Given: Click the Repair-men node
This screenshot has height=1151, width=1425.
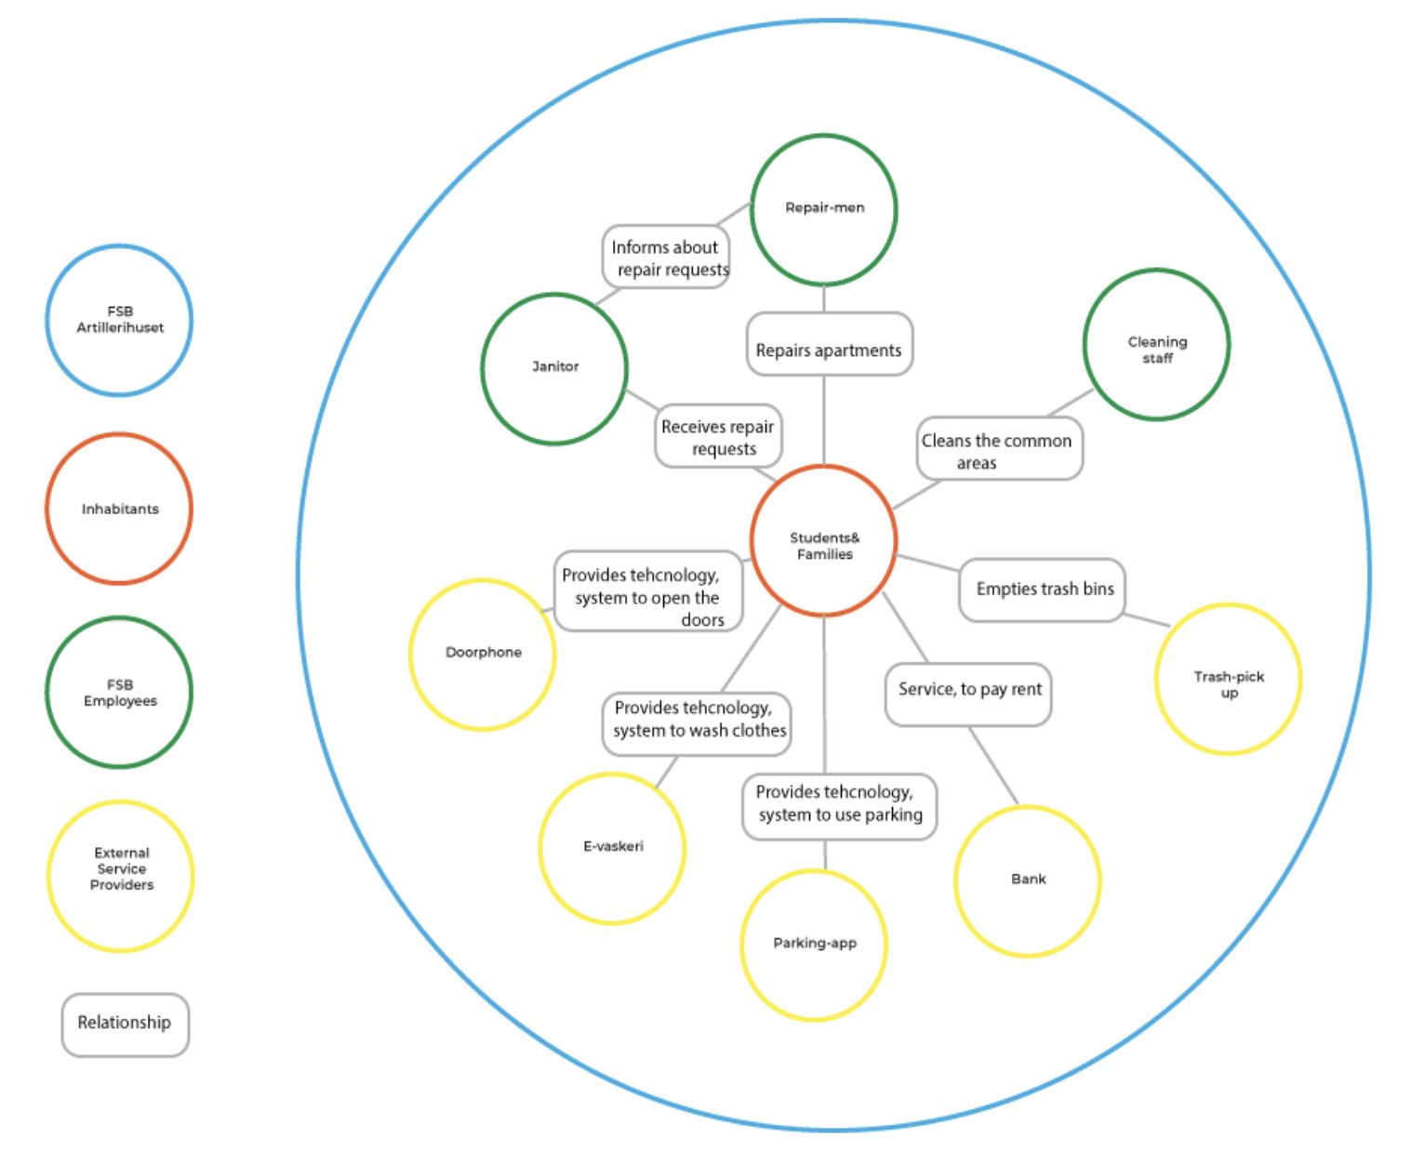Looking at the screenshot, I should coord(824,209).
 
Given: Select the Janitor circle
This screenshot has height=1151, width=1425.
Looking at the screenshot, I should coord(554,368).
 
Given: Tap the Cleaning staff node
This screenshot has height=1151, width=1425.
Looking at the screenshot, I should coord(1156,345).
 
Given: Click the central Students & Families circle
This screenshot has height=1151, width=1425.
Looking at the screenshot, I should coord(824,541).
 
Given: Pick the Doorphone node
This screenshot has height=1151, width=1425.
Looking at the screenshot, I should coord(483,654).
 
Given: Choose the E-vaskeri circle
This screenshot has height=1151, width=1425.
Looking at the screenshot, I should coord(612,847).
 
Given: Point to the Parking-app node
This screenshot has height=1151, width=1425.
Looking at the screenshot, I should coord(814,945).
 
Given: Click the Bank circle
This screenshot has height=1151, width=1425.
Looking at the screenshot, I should coord(1028,880).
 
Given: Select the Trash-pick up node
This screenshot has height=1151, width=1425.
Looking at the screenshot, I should coord(1228,679).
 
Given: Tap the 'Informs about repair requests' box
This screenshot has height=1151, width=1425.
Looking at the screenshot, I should coord(666,258).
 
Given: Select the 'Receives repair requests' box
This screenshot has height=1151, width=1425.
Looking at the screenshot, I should coord(718,436).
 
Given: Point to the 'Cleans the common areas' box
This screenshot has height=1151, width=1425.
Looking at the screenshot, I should coord(999,450).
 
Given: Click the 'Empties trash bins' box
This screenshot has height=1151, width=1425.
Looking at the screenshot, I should coord(1043,589).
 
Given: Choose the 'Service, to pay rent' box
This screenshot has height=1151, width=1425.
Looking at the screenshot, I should coord(968,694).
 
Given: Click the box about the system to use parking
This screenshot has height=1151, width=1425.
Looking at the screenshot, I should coord(838,805).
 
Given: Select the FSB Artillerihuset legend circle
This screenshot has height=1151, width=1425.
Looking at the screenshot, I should coord(119,321).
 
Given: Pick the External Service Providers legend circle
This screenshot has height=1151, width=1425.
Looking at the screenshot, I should coord(121,875).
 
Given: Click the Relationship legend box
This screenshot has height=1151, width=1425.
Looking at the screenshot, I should coord(125,1024).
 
